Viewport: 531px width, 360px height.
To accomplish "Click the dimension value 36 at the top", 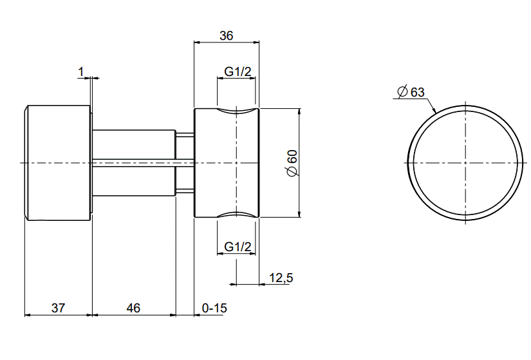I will click(226, 36).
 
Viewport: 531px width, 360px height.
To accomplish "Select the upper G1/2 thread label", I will click(237, 72).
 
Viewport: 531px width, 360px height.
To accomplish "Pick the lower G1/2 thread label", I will click(237, 247).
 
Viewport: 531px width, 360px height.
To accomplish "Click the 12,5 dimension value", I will click(281, 278).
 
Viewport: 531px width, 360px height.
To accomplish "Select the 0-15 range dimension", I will click(214, 308).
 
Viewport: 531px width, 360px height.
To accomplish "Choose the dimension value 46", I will click(133, 308).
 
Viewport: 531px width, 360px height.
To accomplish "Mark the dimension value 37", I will click(58, 308).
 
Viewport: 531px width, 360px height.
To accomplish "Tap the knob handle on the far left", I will click(57, 162).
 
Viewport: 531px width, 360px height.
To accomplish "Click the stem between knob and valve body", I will click(133, 162).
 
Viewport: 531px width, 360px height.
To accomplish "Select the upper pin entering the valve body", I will click(185, 135).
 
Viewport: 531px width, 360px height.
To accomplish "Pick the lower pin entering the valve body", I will click(185, 190).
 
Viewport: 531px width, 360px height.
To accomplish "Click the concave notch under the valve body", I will click(237, 214).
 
